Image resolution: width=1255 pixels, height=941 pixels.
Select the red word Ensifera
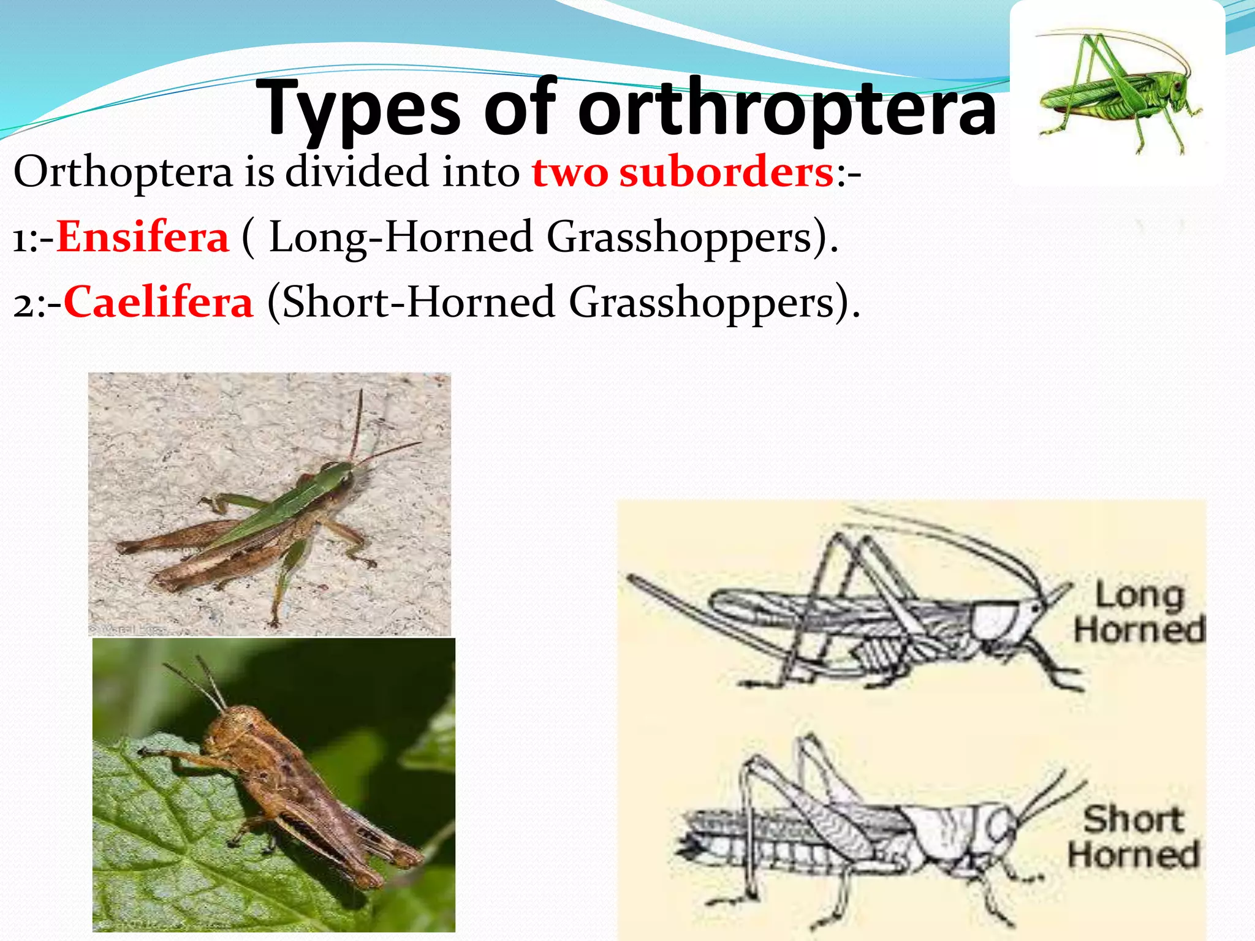[x=143, y=238]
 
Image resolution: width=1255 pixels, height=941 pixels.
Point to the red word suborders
[x=726, y=173]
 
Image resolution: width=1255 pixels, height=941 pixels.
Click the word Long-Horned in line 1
[x=401, y=238]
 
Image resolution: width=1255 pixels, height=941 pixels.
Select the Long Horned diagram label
[x=1139, y=613]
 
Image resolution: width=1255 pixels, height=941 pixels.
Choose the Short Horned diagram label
[x=1134, y=837]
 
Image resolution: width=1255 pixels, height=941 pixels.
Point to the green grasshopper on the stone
[x=270, y=521]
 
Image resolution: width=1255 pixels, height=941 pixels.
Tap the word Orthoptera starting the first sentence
[x=123, y=173]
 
